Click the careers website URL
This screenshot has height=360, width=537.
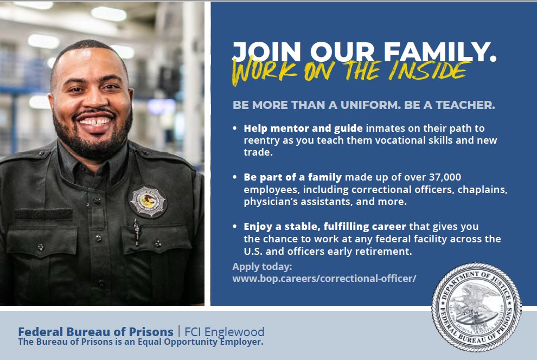pos(324,279)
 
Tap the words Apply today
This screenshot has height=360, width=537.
pos(262,267)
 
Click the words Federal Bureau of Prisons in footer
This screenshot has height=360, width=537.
pos(95,332)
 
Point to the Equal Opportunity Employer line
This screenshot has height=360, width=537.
pos(140,342)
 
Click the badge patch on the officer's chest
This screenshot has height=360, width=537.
pos(148,201)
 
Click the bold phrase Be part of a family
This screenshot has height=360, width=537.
pos(293,177)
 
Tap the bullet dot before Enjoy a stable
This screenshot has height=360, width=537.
pos(235,227)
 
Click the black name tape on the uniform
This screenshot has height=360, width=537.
pos(43,215)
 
